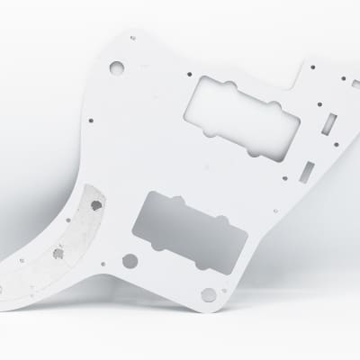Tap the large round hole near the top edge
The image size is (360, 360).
tap(116, 67)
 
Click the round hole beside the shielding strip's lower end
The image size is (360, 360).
tap(130, 261)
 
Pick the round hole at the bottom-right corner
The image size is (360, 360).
tap(209, 294)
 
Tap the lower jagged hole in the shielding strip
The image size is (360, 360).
tap(58, 253)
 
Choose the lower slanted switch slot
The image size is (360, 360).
tap(309, 169)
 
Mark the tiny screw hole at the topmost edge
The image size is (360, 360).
tap(132, 38)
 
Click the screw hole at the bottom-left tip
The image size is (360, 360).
tap(16, 279)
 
